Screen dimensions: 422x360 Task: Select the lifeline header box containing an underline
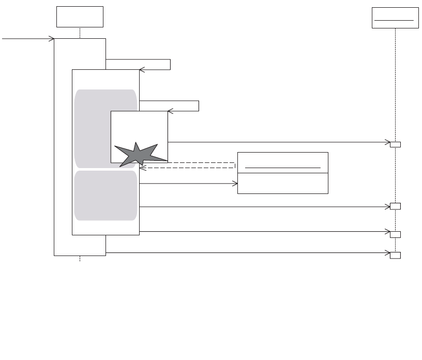pos(395,18)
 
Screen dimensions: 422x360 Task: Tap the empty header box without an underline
pos(80,17)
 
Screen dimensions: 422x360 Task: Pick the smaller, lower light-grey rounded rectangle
pos(105,196)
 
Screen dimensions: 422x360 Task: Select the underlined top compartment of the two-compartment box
pos(282,162)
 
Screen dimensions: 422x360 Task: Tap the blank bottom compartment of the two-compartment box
pos(282,183)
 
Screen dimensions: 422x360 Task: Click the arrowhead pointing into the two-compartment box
pos(235,183)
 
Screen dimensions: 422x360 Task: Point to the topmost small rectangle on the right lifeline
pos(395,144)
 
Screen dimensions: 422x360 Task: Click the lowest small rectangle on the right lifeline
pos(395,255)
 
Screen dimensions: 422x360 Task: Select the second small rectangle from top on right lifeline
pos(395,206)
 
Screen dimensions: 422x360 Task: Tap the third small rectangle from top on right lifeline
pos(395,234)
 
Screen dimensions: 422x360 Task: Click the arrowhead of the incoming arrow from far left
pos(52,38)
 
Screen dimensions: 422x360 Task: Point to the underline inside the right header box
pos(395,20)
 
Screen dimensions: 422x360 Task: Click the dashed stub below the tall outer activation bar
pos(80,258)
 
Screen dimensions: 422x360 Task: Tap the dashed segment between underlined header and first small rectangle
pos(395,83)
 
